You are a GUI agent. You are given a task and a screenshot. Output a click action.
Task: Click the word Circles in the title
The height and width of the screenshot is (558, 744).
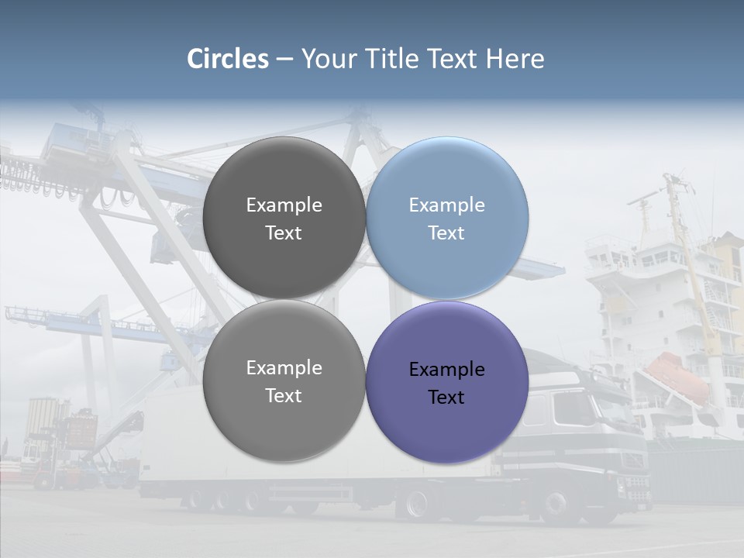click(x=228, y=59)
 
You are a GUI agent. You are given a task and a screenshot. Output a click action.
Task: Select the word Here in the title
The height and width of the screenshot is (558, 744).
click(x=515, y=59)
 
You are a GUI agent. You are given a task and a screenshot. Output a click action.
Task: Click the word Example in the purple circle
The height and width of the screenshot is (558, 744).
click(x=446, y=370)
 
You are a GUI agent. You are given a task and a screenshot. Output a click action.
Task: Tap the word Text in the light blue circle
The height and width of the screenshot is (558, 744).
click(x=446, y=233)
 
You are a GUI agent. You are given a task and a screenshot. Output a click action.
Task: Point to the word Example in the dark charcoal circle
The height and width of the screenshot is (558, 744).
click(x=284, y=205)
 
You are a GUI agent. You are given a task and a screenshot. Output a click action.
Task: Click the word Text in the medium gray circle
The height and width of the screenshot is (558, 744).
click(x=284, y=396)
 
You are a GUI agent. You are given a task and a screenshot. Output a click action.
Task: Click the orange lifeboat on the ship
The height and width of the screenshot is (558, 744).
click(x=677, y=376)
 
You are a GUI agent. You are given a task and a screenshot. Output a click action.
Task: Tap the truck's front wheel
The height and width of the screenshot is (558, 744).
click(x=559, y=504)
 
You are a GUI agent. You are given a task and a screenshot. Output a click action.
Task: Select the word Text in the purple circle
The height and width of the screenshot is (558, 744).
click(x=446, y=398)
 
